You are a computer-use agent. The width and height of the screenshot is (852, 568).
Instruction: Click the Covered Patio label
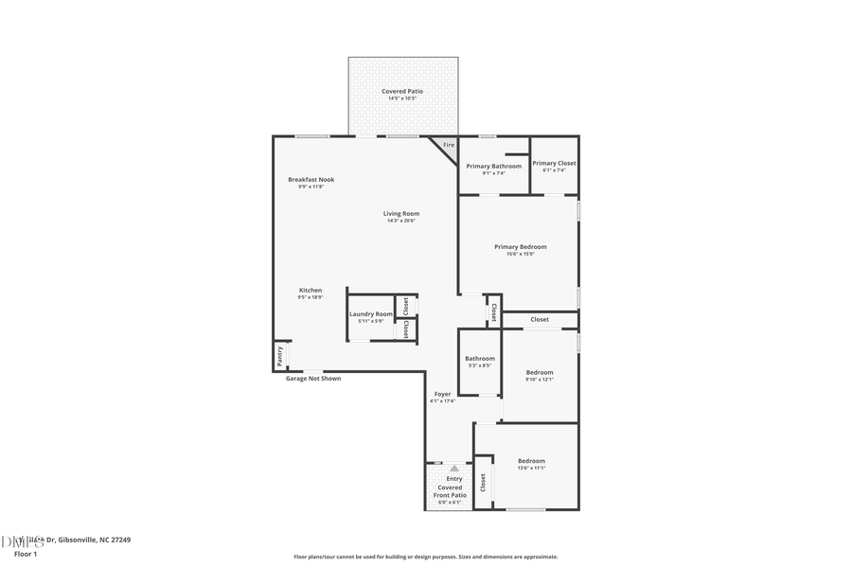402,92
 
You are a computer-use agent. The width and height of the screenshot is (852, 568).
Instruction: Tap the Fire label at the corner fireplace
449,145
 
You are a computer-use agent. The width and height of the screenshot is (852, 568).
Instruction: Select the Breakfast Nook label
311,180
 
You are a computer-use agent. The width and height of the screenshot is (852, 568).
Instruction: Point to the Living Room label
401,214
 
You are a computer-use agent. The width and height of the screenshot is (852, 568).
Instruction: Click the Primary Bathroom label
493,167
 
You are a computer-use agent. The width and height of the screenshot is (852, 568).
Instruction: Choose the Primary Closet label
554,164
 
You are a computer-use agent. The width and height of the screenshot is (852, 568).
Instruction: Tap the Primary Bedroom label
520,247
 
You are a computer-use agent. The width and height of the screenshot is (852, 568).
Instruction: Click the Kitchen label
311,291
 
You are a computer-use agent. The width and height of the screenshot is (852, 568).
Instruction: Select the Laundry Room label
370,314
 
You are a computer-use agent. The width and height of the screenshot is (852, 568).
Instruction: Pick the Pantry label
279,356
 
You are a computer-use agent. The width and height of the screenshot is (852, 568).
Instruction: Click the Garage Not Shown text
313,379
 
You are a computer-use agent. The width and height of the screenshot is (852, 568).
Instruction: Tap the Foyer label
442,394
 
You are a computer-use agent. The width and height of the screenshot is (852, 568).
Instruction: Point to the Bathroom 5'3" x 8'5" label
479,359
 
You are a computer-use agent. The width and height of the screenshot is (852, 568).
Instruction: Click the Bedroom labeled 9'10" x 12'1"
539,373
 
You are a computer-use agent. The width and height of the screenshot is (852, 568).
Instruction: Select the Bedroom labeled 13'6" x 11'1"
531,461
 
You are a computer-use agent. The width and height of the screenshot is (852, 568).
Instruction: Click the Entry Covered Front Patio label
454,487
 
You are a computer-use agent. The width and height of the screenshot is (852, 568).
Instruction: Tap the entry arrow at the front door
454,468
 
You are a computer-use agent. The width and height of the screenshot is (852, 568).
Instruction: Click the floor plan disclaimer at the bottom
425,557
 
